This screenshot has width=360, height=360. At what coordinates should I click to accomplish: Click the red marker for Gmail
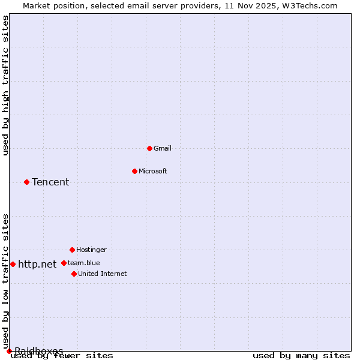[x=149, y=148]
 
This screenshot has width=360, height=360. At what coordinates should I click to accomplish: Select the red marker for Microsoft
[x=134, y=171]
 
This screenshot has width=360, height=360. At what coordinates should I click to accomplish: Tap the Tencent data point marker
[x=26, y=182]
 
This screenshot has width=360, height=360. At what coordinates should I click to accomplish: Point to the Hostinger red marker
[x=72, y=250]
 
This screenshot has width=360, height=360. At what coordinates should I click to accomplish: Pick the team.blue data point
[x=64, y=263]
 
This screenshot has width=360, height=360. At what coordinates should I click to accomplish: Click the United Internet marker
[x=74, y=274]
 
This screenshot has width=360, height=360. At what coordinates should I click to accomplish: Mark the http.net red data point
[x=13, y=264]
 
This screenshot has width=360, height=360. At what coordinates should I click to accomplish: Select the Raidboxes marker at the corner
[x=9, y=351]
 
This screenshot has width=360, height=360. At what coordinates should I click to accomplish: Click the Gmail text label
[x=162, y=148]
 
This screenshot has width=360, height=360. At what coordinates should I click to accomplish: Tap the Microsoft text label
[x=152, y=171]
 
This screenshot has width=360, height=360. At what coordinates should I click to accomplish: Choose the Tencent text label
[x=50, y=182]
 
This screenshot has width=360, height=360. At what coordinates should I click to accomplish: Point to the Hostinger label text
[x=91, y=250]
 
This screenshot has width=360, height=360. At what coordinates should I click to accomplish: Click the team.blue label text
[x=83, y=263]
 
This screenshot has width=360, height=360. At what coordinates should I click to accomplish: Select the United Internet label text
[x=102, y=274]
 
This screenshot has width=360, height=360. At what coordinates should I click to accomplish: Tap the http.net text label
[x=37, y=264]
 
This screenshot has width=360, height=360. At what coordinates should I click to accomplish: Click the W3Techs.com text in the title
[x=313, y=5]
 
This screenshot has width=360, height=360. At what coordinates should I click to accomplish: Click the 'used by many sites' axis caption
[x=301, y=356]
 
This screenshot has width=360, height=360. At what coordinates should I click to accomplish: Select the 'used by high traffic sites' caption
[x=5, y=85]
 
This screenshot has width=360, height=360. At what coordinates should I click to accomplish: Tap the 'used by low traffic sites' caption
[x=5, y=281]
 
